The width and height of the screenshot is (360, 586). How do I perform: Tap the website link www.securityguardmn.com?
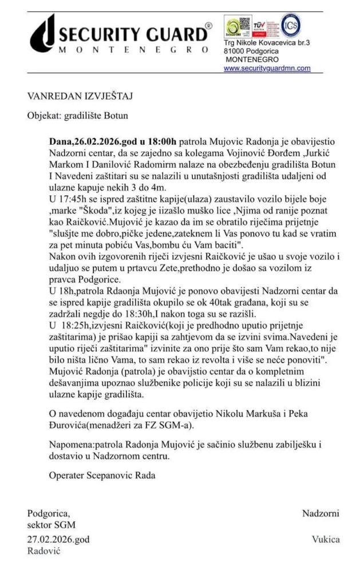[267, 68]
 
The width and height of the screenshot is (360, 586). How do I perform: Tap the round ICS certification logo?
[290, 25]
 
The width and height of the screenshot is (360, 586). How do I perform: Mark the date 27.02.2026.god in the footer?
[58, 539]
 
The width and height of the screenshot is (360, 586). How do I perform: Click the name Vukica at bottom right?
[326, 539]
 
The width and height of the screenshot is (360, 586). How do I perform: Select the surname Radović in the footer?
[43, 551]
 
